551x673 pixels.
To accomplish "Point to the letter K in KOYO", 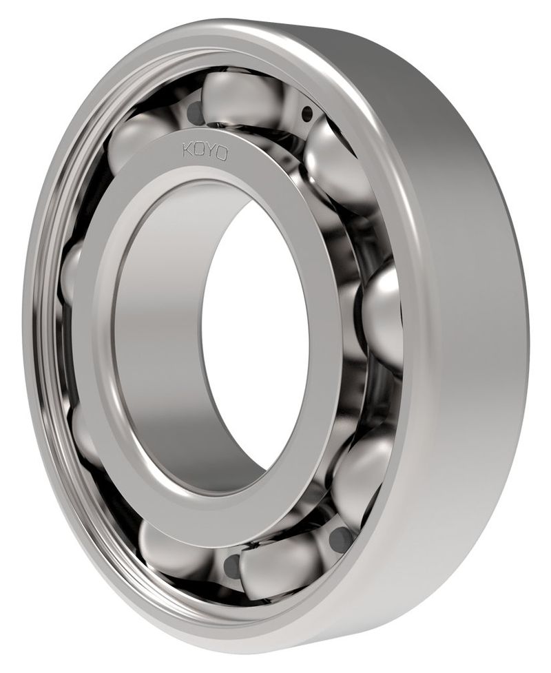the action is pyautogui.click(x=188, y=149).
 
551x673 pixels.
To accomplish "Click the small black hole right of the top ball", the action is pyautogui.click(x=307, y=114).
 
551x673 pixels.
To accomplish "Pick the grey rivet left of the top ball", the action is pyautogui.click(x=195, y=112).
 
